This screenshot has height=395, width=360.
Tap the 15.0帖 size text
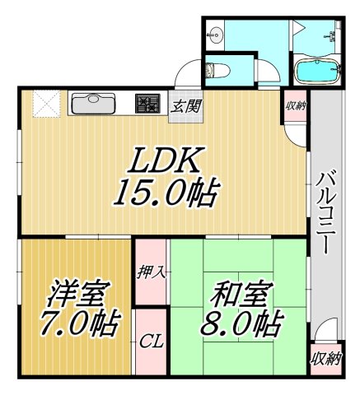click(x=165, y=194)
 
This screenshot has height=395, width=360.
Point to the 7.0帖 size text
click(x=77, y=321)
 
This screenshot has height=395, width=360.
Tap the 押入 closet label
click(x=149, y=268)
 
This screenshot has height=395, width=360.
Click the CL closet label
click(x=149, y=340)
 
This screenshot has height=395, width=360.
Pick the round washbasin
click(x=217, y=35)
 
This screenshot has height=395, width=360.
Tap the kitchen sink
click(x=96, y=105)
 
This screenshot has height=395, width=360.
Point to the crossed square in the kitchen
click(x=44, y=105)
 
